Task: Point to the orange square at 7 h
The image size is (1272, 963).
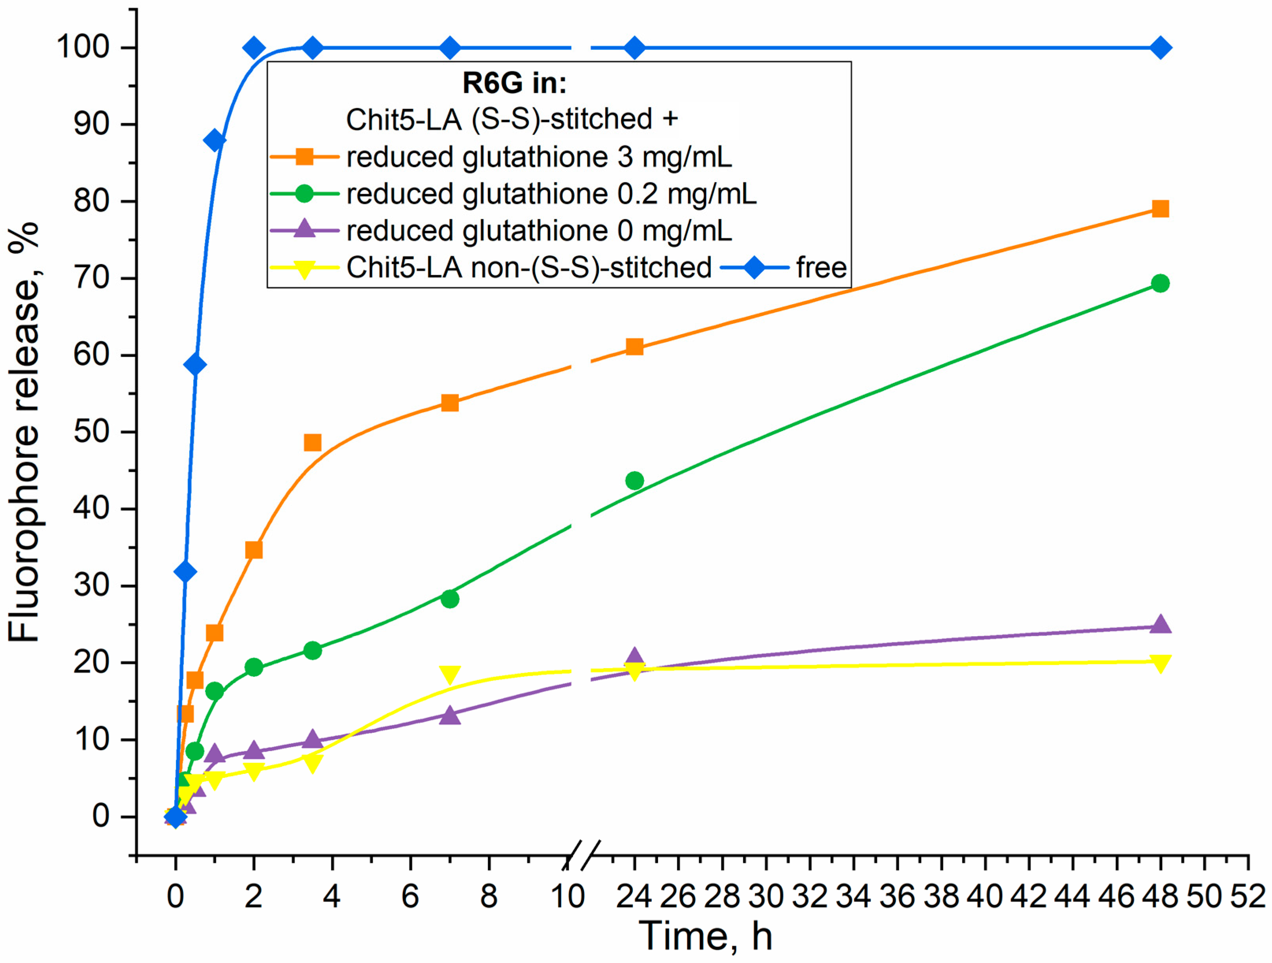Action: point(450,403)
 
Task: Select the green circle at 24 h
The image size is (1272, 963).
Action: point(634,480)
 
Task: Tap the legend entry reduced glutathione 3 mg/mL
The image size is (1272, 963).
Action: point(539,157)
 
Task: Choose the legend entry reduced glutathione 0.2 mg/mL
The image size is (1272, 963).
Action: point(551,194)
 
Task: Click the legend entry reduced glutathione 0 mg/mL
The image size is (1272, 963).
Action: point(539,231)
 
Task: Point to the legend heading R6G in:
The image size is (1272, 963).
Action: point(514,84)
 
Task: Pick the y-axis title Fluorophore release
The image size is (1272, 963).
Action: point(24,431)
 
